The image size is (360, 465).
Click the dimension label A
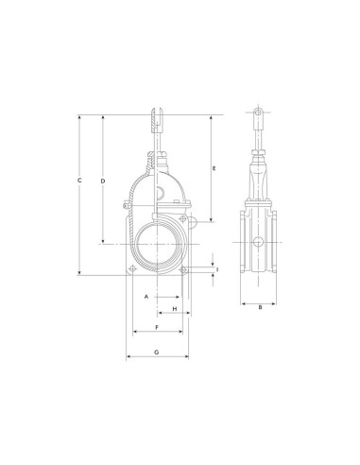tap(146, 297)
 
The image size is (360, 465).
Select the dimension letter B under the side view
tap(260, 307)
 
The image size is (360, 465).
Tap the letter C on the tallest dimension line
tap(79, 181)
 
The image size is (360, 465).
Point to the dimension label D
tap(103, 181)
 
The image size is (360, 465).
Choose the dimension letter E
tap(214, 168)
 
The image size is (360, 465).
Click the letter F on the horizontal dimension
tap(157, 328)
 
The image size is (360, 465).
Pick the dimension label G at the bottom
tap(157, 353)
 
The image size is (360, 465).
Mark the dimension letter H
tap(175, 309)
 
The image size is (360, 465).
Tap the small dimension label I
tap(217, 269)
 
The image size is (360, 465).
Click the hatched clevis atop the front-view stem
tap(157, 121)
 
